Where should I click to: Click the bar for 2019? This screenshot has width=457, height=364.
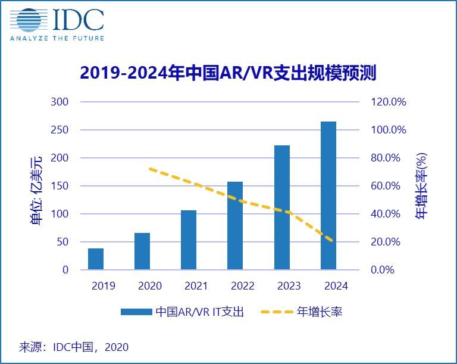coord(96,259)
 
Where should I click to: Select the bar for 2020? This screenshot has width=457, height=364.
coord(142,251)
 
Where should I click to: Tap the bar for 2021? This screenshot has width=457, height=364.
coord(189,240)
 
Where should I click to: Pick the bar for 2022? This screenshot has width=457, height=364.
coord(235,226)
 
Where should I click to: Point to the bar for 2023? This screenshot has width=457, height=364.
coord(281,207)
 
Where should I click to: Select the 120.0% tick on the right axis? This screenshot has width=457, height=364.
coord(388,102)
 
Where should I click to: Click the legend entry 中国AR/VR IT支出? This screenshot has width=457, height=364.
coord(182,312)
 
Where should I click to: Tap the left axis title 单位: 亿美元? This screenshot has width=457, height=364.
coord(36,189)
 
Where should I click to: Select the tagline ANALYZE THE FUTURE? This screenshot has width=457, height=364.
coord(57,38)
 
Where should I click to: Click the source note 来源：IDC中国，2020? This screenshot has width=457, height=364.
coord(74,347)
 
